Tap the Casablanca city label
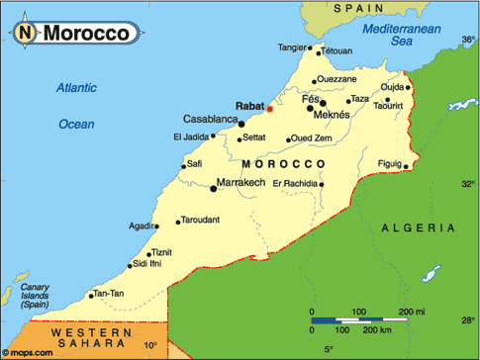[205, 120]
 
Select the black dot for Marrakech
[215, 184]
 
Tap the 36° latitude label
[467, 41]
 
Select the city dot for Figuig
[406, 166]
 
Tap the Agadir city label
[142, 225]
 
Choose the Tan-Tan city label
[109, 294]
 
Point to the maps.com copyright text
[23, 353]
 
